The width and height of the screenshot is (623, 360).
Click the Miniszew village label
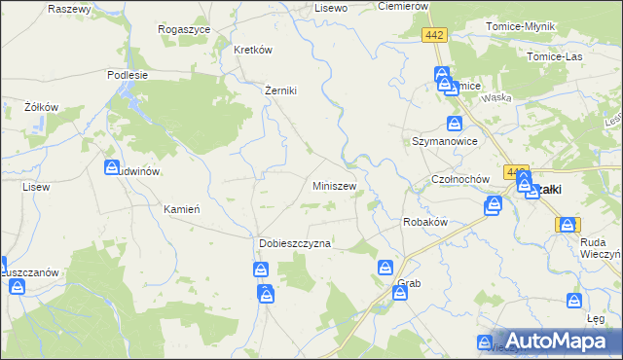pyautogui.click(x=334, y=185)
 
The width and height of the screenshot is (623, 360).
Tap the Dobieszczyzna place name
pyautogui.click(x=295, y=243)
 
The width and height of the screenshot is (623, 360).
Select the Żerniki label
pyautogui.click(x=280, y=90)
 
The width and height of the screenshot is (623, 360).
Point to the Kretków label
pyautogui.click(x=252, y=50)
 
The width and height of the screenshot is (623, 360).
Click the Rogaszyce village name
pyautogui.click(x=184, y=29)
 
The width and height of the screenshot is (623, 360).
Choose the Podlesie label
pyautogui.click(x=128, y=74)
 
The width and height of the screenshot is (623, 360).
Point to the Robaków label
pyautogui.click(x=424, y=222)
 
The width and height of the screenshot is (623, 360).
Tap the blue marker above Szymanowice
pyautogui.click(x=455, y=124)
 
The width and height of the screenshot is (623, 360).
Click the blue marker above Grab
pyautogui.click(x=386, y=268)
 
